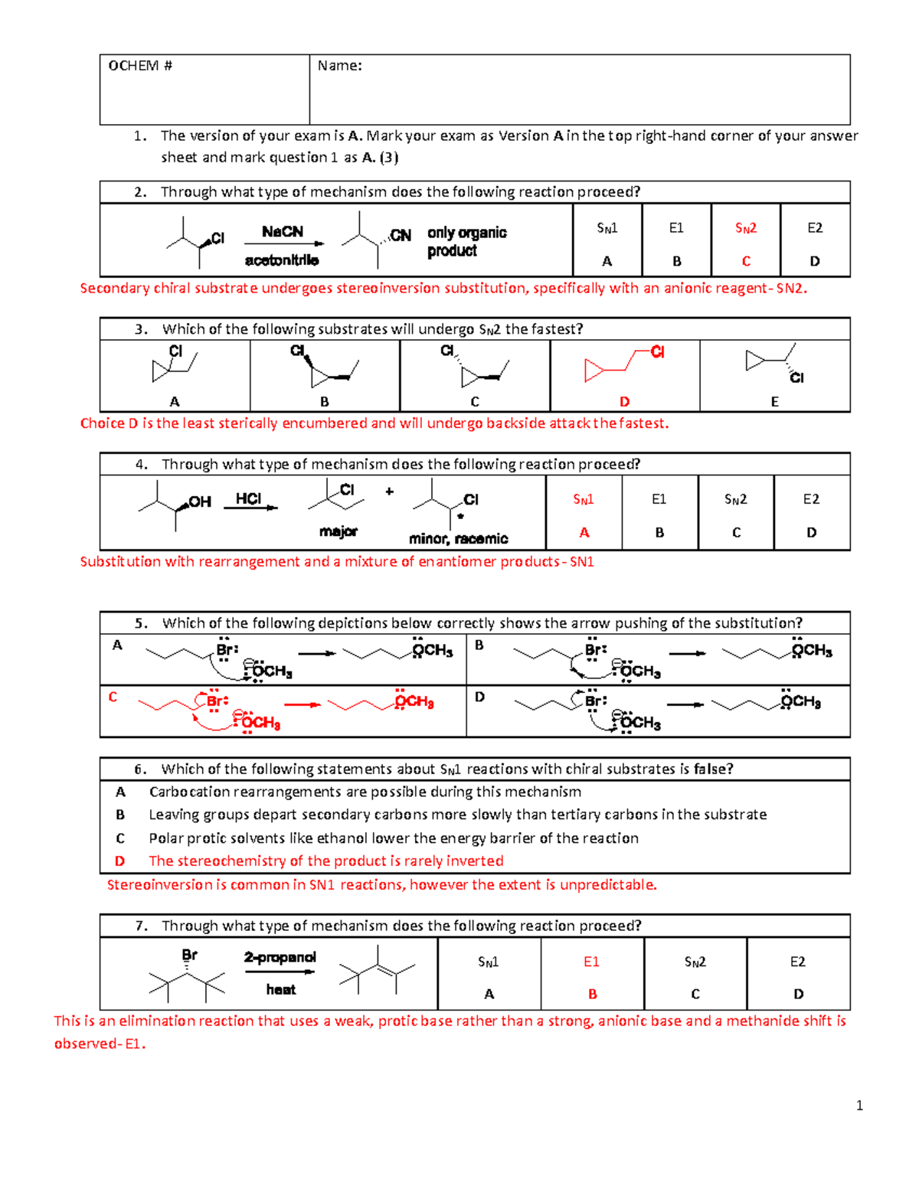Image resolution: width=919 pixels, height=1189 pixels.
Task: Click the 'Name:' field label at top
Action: pos(339,66)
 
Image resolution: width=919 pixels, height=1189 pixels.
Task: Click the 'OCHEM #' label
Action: pos(140,66)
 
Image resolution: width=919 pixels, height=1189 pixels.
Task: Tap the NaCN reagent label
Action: pos(282,231)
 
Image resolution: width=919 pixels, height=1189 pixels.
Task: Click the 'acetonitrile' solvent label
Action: pos(281,260)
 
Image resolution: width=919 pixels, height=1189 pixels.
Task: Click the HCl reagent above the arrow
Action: pos(248,498)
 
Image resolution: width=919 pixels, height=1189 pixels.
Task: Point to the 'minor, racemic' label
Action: pos(458,539)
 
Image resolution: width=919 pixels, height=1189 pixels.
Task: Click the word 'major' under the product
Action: pos(338,531)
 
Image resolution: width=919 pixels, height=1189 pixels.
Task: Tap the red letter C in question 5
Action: pos(113,697)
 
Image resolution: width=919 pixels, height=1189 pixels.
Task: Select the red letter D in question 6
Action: pos(119,861)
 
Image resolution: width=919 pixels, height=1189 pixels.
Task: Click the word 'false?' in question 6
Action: pos(713,769)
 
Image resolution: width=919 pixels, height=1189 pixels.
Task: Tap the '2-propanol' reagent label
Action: pos(280,957)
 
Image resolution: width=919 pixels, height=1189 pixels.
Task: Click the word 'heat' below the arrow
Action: pos(280,990)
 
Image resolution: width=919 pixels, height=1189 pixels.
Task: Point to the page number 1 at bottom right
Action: pos(859,1105)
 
